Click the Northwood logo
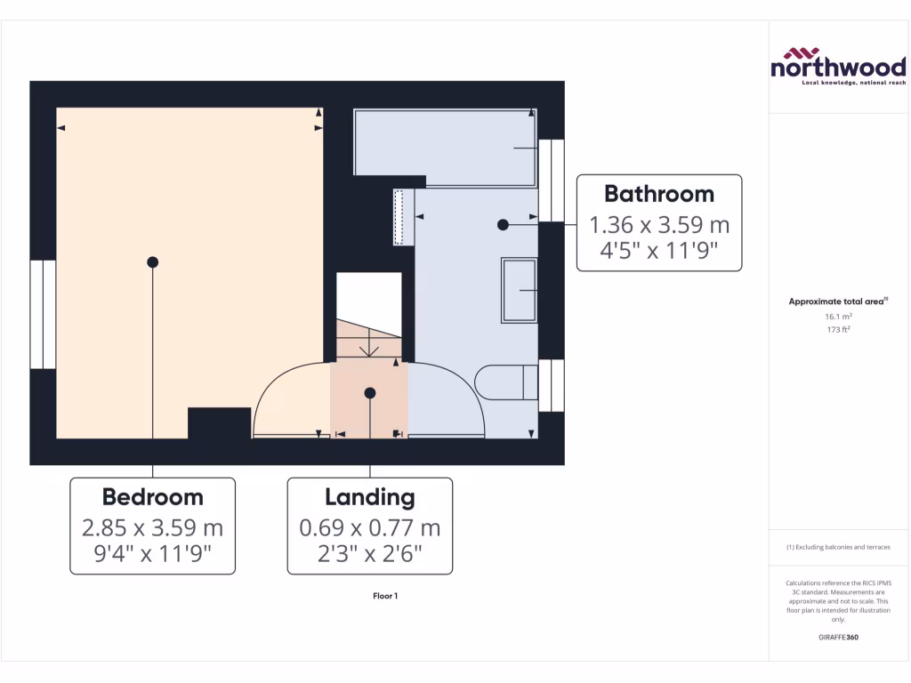[837, 67]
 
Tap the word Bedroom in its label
[152, 496]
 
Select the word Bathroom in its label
[658, 193]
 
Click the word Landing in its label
[369, 496]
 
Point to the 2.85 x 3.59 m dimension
[152, 527]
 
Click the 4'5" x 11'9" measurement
[658, 250]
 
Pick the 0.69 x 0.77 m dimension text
[369, 527]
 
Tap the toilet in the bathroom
[507, 382]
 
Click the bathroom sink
[520, 290]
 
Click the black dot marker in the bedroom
[153, 261]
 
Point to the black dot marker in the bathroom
[503, 225]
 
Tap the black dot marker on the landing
[369, 392]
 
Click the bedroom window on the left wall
[43, 314]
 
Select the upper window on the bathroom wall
[552, 181]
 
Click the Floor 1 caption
[385, 596]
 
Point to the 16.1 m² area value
[837, 316]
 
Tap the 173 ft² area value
[837, 330]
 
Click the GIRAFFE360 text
[837, 638]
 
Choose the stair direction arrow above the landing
[369, 347]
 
